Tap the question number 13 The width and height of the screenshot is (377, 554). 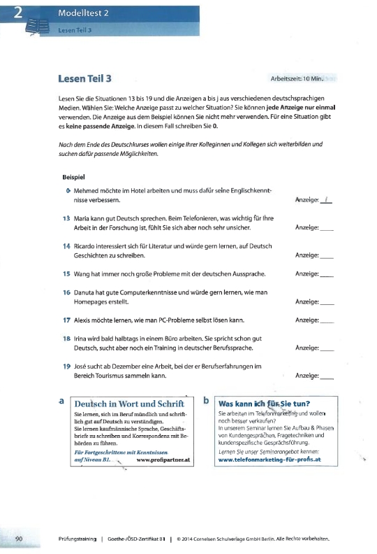(x=67, y=218)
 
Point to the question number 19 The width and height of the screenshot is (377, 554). (x=67, y=366)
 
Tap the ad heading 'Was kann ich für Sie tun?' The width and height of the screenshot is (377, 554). (x=265, y=403)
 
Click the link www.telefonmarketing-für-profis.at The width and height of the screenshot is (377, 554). (x=269, y=460)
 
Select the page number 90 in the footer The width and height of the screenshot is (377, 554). (x=19, y=537)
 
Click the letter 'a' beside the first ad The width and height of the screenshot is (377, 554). (x=62, y=401)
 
